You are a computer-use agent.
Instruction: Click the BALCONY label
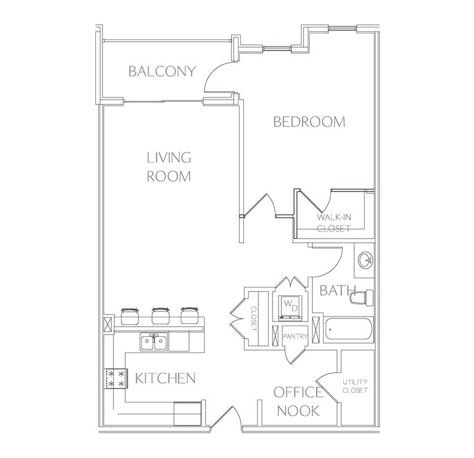pos(162,72)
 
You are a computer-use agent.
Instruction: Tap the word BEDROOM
pos(309,122)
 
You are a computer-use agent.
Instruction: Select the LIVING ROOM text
pos(169,167)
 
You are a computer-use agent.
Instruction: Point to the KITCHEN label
pos(165,378)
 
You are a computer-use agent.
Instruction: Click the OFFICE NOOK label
pos(298,401)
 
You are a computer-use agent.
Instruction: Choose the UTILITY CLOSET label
pos(355,386)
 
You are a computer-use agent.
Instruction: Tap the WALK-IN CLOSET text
pos(334,222)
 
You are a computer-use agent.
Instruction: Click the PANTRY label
pos(295,336)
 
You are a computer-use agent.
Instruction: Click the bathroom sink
pos(365,259)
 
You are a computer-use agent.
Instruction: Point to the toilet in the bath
pos(361,297)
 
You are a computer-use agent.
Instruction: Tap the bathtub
pos(348,330)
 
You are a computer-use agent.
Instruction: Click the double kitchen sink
pos(154,341)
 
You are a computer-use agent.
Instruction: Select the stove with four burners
pos(116,379)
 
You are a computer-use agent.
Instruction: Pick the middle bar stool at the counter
pos(160,315)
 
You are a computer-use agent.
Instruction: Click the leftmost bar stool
pos(130,315)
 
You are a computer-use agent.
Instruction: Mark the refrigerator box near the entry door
pos(187,413)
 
